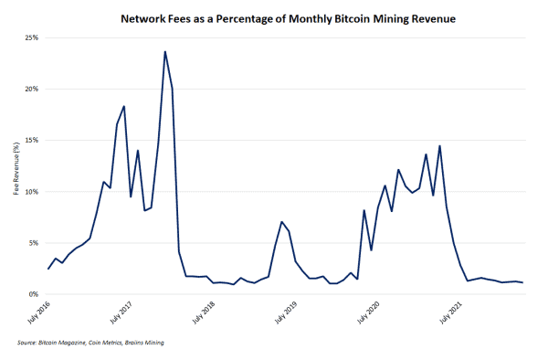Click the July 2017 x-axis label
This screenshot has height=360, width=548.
(121, 313)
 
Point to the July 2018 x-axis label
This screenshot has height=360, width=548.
(205, 313)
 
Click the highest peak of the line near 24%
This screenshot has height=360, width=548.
(165, 52)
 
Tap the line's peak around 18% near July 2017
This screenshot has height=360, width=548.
(124, 107)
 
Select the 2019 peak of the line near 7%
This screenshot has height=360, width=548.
(282, 222)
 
